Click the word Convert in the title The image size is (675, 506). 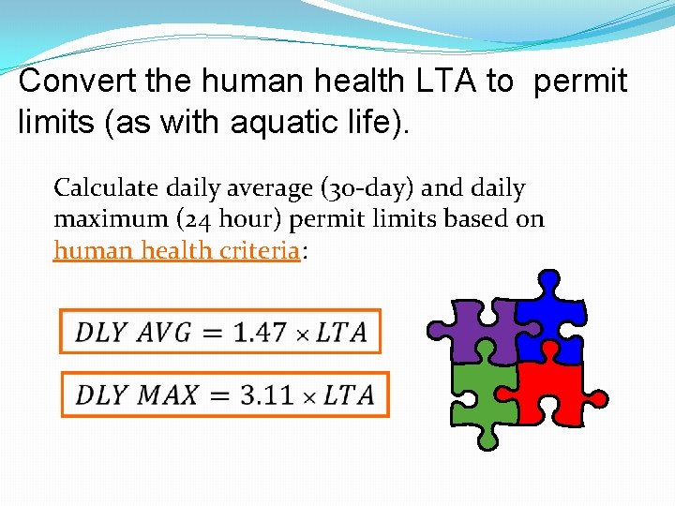[x=79, y=82]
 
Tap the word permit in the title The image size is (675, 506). [x=580, y=82]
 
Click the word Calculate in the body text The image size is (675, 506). [x=106, y=188]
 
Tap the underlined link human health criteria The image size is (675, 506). [x=176, y=250]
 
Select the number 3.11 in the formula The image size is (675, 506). [x=267, y=394]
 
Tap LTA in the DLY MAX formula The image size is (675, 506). [x=349, y=394]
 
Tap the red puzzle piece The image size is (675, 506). [x=553, y=394]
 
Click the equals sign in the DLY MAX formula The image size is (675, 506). [x=217, y=394]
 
